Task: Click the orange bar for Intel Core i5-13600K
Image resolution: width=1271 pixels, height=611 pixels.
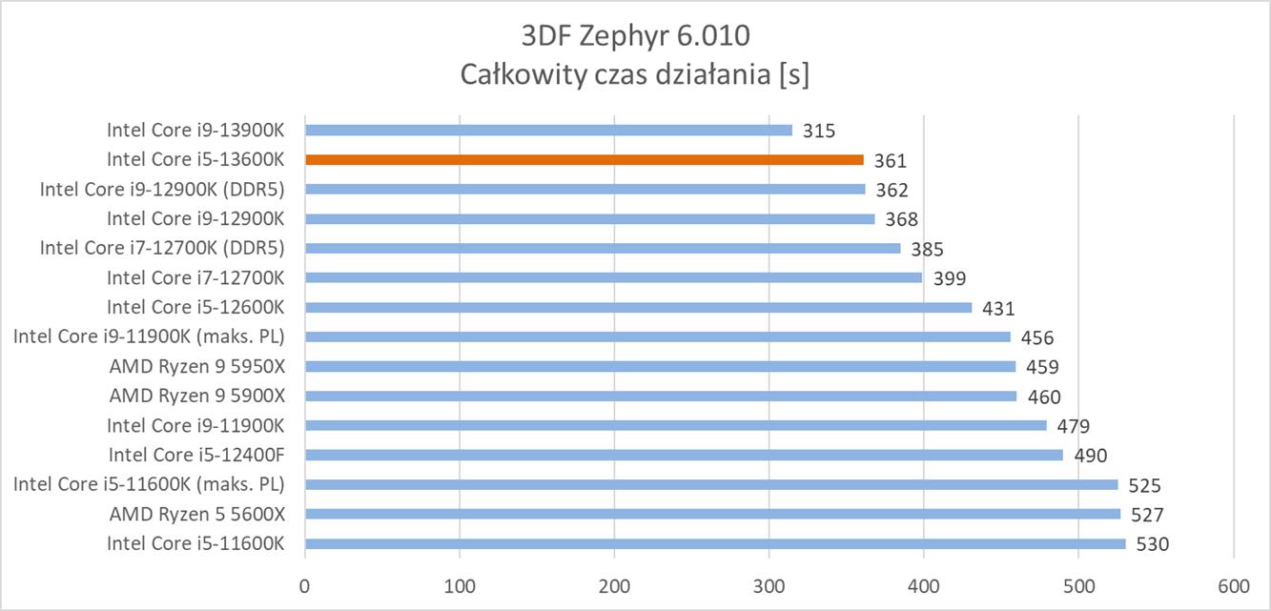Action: [584, 160]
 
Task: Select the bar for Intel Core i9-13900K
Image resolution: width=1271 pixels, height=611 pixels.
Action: [548, 131]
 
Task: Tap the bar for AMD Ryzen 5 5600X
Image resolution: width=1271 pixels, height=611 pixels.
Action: [712, 515]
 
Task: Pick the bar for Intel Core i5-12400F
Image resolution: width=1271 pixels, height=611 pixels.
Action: [684, 456]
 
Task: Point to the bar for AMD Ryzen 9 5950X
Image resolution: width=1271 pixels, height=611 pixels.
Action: [660, 367]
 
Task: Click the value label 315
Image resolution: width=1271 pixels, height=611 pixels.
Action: [819, 131]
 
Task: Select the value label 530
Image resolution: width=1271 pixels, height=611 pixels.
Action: [1152, 544]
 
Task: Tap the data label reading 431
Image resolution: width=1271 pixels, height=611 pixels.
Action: [998, 308]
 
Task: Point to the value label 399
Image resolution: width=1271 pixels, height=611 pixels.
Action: [950, 278]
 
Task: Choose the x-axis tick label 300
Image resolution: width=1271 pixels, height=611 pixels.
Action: [769, 584]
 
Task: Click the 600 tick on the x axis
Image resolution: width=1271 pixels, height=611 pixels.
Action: [1233, 584]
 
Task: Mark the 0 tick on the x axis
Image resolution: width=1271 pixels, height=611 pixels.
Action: [304, 584]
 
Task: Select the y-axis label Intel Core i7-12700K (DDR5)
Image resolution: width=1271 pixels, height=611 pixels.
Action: [163, 249]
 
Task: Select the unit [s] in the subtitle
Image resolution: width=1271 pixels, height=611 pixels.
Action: [793, 74]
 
